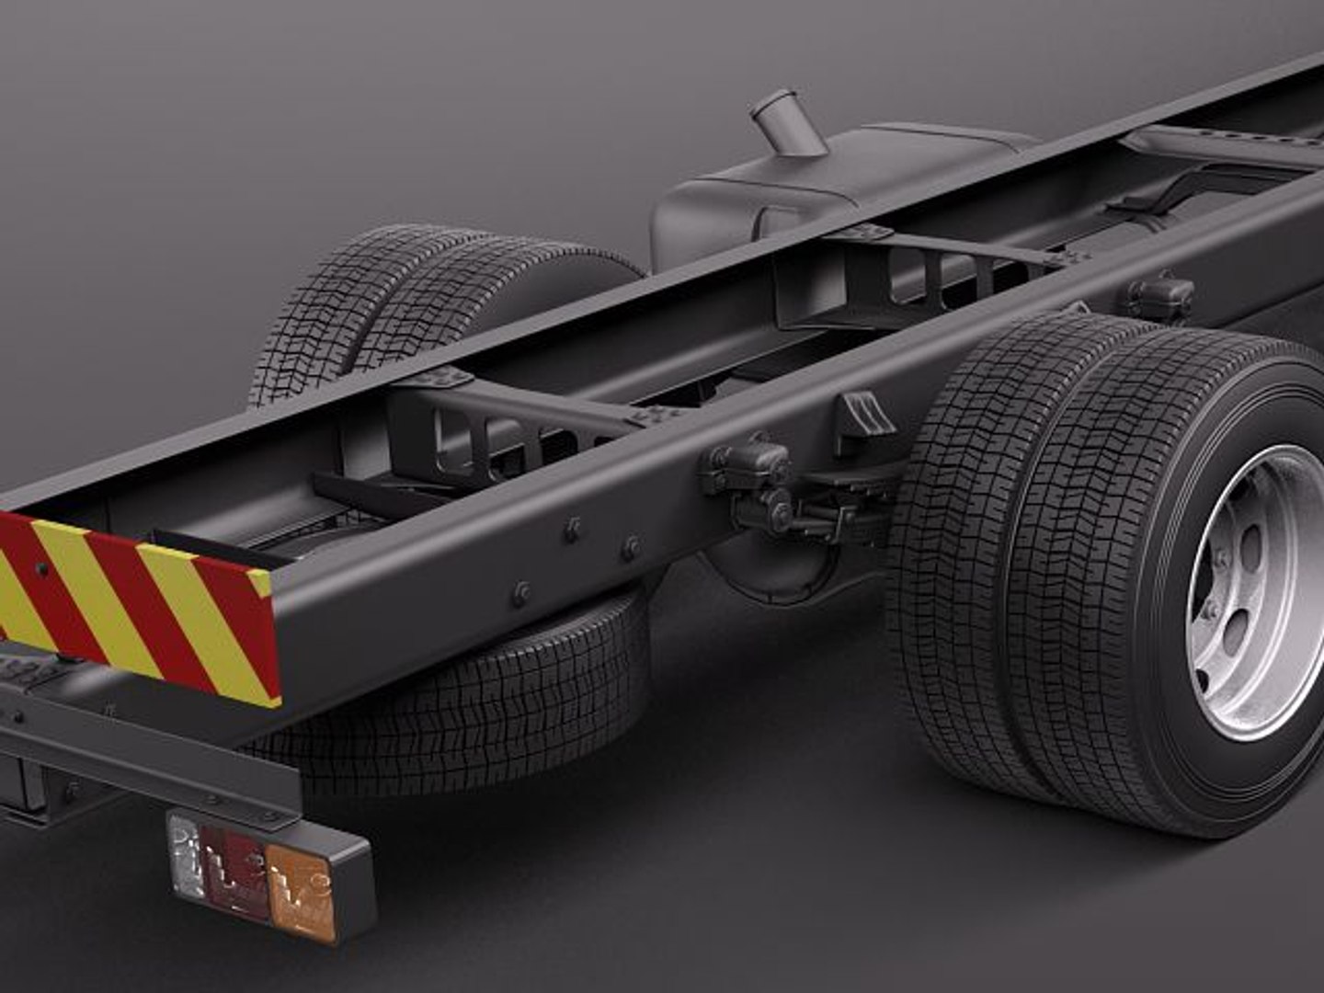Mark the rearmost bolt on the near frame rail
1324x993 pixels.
click(x=521, y=591)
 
